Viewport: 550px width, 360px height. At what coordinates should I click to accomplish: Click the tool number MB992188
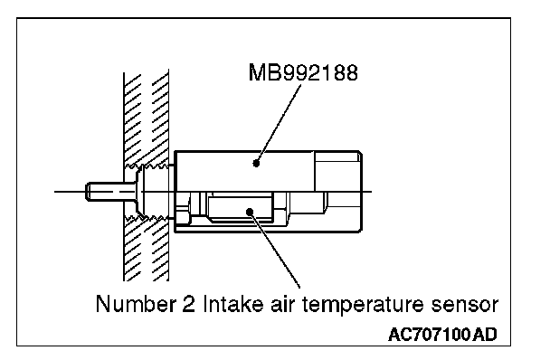(x=303, y=72)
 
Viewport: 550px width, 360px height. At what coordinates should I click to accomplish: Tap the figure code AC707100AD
(x=442, y=335)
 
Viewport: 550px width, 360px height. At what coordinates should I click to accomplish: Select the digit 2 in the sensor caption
(x=189, y=304)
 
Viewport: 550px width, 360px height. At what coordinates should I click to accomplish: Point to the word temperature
(x=363, y=305)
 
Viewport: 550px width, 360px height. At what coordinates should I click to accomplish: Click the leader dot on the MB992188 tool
(x=256, y=163)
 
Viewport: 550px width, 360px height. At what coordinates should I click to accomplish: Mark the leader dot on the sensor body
(x=250, y=212)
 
